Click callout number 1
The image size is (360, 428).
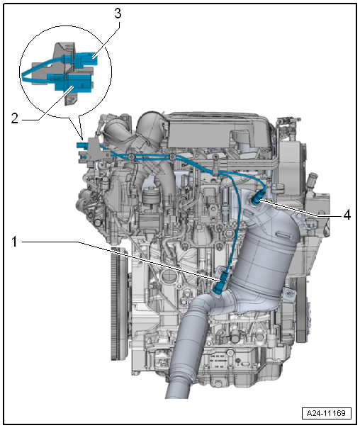click(x=14, y=242)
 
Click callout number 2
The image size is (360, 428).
click(x=15, y=119)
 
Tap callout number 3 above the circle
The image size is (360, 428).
click(x=118, y=13)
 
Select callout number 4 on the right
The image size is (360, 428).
click(x=347, y=215)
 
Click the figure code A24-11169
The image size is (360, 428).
click(x=326, y=413)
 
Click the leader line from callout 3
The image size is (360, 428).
click(x=106, y=39)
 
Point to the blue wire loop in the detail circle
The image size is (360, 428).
click(x=41, y=70)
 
